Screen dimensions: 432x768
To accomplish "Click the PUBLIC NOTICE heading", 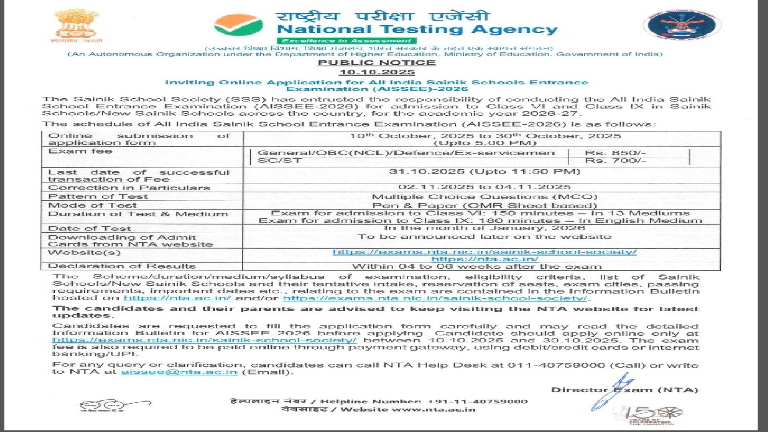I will coord(377,63).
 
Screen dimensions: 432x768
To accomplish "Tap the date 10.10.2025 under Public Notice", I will coord(377,72).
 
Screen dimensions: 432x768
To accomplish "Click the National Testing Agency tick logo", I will coord(238,25).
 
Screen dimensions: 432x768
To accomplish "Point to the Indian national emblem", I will coord(76,25).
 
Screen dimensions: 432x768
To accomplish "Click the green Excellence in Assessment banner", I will coord(346,41).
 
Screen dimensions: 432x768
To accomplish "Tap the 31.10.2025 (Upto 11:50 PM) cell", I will coord(484,172).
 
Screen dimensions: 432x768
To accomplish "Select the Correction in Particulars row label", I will coord(129,188).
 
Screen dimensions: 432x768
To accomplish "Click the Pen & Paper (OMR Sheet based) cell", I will coord(484,206).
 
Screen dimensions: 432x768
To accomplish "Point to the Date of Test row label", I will coord(89,228).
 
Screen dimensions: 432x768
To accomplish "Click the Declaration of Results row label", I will coord(122,266).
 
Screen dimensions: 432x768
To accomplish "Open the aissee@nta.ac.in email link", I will coord(179,372).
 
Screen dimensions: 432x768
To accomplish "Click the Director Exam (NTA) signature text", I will coord(624,390).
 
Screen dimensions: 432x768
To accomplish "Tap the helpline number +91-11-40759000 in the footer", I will coord(477,402).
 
